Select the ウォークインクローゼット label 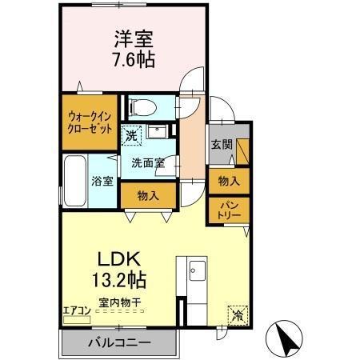click(x=90, y=122)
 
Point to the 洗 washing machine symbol click(x=130, y=134)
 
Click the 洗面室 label click(x=148, y=162)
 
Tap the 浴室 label click(x=101, y=181)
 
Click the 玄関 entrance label click(x=222, y=145)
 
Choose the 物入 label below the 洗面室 click(x=147, y=194)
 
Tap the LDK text click(x=120, y=260)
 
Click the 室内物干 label click(x=121, y=303)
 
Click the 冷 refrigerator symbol click(x=238, y=314)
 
